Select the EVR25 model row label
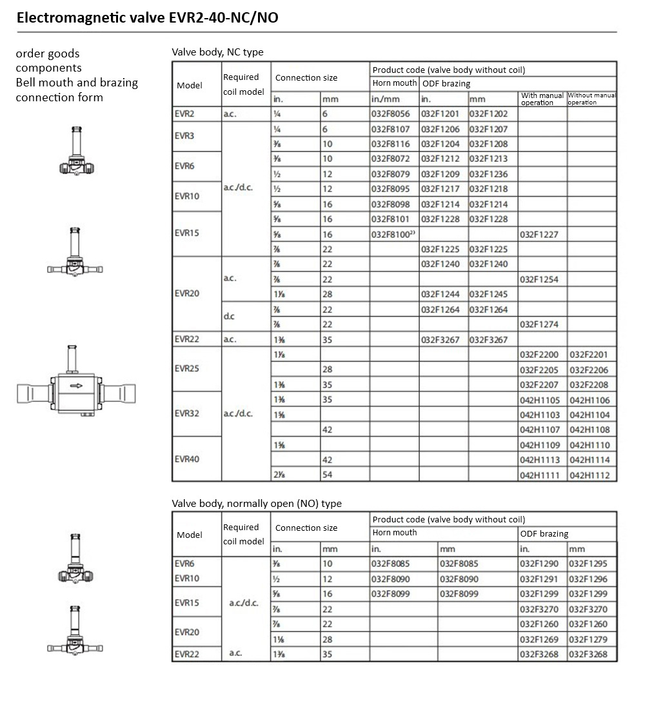tap(186, 369)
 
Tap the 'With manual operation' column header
tap(542, 99)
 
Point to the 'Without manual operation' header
tap(591, 99)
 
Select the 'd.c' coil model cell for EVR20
tap(230, 317)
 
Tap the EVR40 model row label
tap(186, 459)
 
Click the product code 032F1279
tap(588, 639)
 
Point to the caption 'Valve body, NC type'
tap(217, 52)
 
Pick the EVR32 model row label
tap(186, 414)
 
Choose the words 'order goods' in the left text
tap(48, 54)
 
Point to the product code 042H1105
tap(539, 400)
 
